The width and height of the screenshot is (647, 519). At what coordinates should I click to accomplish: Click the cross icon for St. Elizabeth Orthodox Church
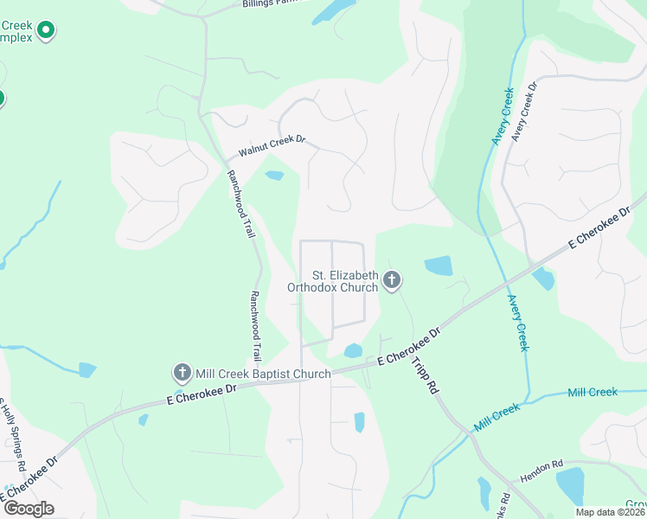point(392,279)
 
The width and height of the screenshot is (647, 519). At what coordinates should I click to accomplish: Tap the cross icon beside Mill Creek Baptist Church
point(182,373)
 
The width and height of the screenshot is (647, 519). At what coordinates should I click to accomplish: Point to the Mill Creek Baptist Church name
point(262,374)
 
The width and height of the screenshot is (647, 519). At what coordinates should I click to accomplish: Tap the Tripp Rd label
point(422,377)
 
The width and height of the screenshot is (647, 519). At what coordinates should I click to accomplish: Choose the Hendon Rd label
point(541,470)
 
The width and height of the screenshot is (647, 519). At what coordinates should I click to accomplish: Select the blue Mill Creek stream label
point(593,392)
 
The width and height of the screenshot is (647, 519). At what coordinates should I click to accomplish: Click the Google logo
point(29,508)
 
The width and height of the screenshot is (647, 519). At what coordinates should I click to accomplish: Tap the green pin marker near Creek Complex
point(47,32)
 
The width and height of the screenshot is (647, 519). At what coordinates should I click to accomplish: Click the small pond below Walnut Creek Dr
point(274,176)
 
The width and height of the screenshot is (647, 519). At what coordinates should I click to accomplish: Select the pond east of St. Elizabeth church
point(439,266)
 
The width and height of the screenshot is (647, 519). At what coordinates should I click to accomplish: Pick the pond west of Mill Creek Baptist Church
point(87,370)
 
